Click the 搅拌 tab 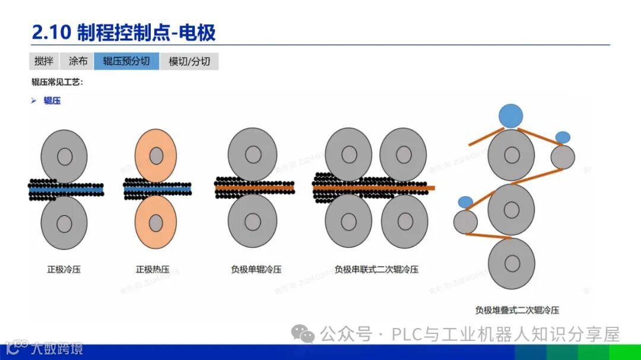pyautogui.click(x=44, y=61)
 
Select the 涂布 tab pyautogui.click(x=78, y=61)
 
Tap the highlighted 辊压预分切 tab pyautogui.click(x=126, y=61)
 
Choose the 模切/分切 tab pyautogui.click(x=189, y=61)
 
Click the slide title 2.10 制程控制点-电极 pyautogui.click(x=123, y=32)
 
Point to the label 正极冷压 pyautogui.click(x=64, y=269)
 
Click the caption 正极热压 pyautogui.click(x=153, y=269)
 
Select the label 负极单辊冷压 pyautogui.click(x=256, y=269)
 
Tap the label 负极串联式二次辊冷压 pyautogui.click(x=376, y=269)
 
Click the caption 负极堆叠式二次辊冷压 pyautogui.click(x=518, y=310)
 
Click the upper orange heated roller pyautogui.click(x=156, y=155)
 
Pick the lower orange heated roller pyautogui.click(x=156, y=223)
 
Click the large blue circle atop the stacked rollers pyautogui.click(x=511, y=116)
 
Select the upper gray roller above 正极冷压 pyautogui.click(x=64, y=156)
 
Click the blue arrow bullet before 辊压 pyautogui.click(x=34, y=101)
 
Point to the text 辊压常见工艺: pyautogui.click(x=58, y=82)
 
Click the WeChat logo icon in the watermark pyautogui.click(x=306, y=335)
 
